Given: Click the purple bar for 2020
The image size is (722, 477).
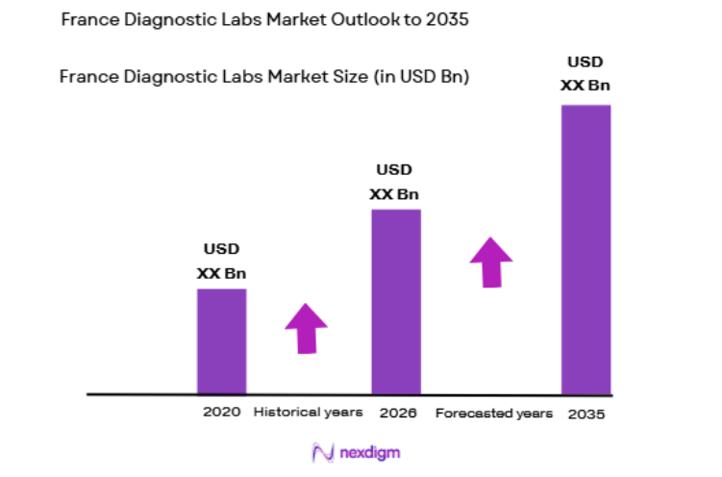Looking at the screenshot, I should (221, 340).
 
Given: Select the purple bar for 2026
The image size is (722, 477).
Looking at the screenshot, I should (395, 301).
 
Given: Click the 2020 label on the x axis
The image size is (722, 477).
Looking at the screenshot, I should (221, 413).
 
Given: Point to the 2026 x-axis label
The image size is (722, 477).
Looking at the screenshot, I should (397, 413).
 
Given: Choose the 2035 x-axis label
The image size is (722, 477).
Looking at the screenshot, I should (586, 414).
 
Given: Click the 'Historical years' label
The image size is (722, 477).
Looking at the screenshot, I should (308, 413).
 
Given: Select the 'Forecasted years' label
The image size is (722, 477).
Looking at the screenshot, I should (494, 414).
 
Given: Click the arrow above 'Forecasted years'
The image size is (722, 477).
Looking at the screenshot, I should (491, 262).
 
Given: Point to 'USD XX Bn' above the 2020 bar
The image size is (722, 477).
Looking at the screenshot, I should (221, 261).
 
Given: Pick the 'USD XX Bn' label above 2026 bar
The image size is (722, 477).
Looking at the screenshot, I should (394, 182).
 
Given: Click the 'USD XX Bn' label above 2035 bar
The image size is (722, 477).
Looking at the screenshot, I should (585, 74).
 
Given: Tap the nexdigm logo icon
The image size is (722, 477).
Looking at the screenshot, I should (323, 452).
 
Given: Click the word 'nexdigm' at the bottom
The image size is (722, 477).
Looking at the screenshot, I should (369, 452).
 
